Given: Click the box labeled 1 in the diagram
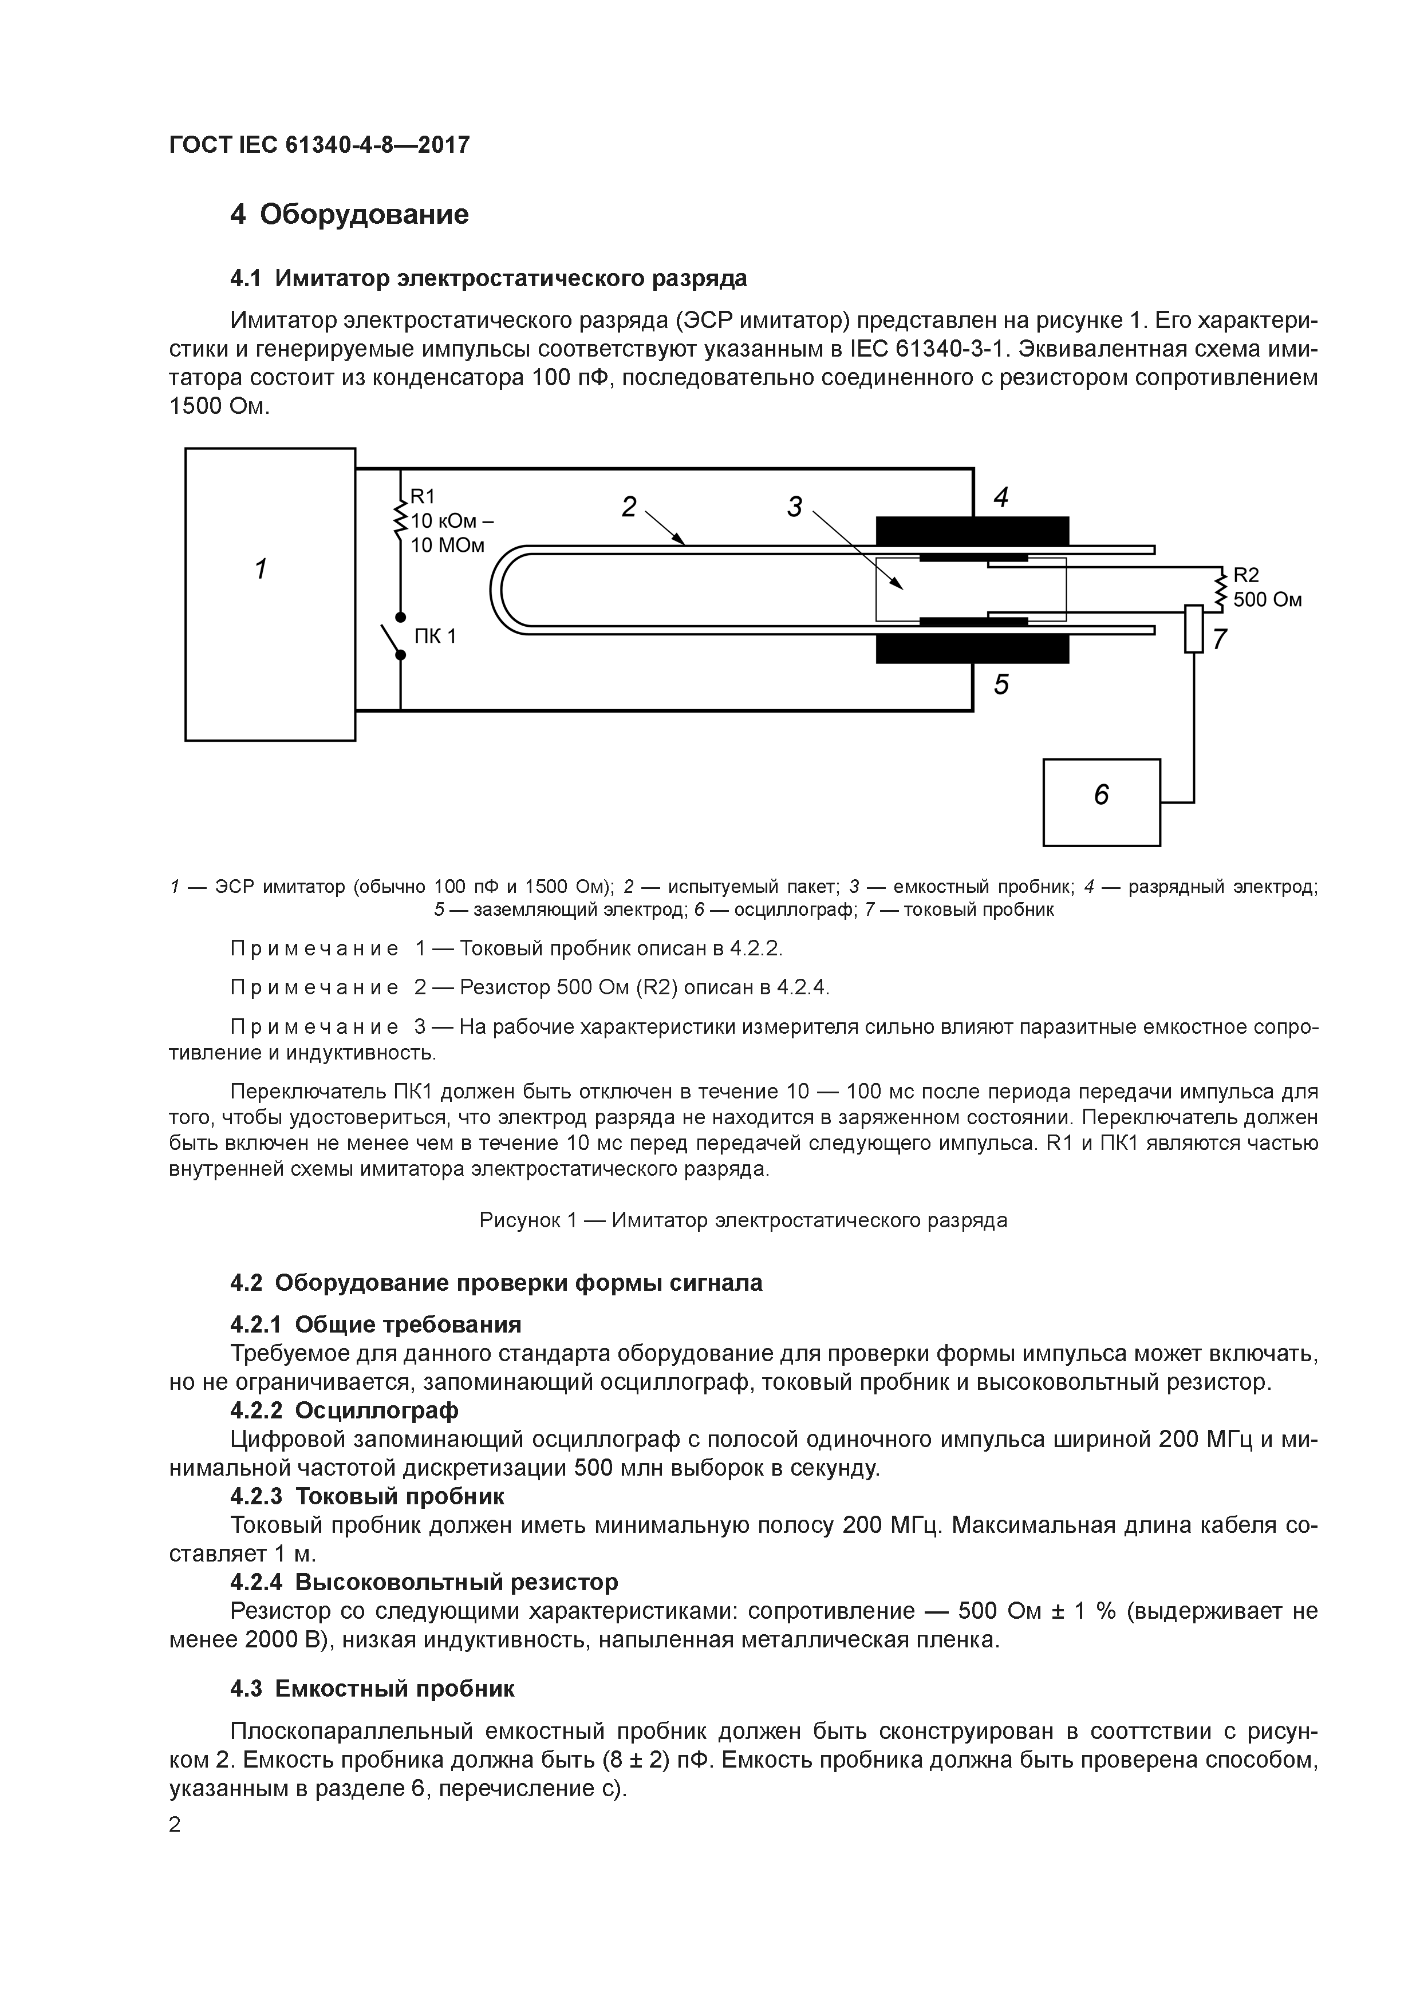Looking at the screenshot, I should [270, 594].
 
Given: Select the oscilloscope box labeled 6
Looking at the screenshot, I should [1100, 802].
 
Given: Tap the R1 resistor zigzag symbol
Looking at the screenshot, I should [401, 520].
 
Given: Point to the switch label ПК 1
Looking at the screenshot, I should [435, 636].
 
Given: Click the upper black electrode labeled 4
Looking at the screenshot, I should [972, 531].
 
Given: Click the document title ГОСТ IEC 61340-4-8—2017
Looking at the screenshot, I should [319, 144].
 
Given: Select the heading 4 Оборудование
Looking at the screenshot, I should [349, 214].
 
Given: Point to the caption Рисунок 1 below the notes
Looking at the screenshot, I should [743, 1219].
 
